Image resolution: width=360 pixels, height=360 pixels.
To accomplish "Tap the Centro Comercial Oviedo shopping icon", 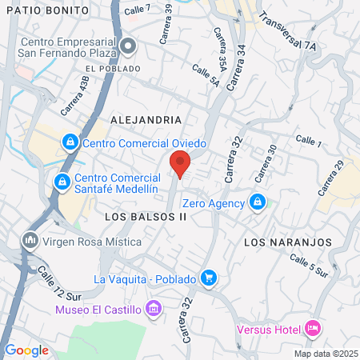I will [70, 142].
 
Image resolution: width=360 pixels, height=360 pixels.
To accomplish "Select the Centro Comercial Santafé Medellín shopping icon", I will [61, 182].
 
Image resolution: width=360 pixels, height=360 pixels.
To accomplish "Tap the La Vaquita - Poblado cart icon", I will [209, 278].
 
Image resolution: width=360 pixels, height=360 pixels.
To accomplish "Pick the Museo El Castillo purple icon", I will [155, 309].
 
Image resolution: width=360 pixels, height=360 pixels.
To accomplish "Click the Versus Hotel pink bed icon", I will [313, 329].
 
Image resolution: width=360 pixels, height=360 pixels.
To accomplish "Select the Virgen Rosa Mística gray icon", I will [30, 240].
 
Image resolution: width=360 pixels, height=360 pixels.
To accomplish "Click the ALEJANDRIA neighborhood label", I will [146, 119].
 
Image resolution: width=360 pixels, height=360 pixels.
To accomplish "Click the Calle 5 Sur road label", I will [310, 266].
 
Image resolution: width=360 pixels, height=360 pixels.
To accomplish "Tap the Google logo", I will [26, 350].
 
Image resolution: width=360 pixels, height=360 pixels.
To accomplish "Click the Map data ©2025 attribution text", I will [325, 354].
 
